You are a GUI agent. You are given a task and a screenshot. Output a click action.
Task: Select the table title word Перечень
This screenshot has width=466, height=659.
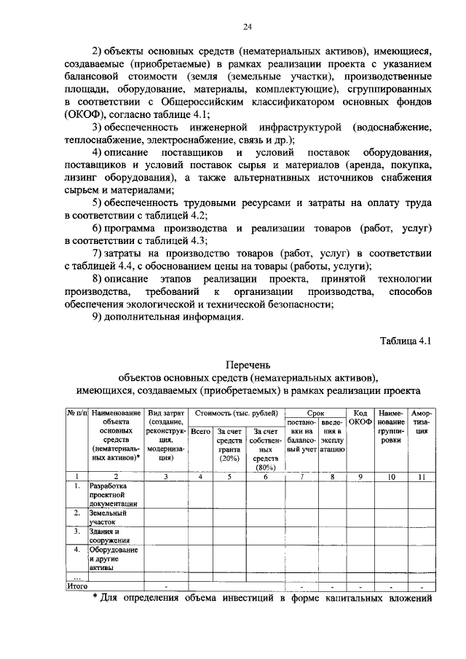pos(248,364)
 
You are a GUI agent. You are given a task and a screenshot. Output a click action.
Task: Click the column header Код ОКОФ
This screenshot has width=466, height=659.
pos(358,417)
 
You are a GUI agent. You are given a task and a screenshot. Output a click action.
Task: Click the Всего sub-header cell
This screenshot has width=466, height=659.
pos(200,432)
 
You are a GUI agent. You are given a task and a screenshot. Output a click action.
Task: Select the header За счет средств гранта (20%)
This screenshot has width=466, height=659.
pos(229,445)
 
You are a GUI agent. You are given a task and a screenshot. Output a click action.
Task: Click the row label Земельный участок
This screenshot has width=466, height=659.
pos(108,517)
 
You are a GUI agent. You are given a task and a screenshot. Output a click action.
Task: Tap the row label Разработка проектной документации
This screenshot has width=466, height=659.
pos(114,494)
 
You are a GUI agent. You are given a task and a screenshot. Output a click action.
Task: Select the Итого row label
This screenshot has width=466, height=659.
pos(78,585)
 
